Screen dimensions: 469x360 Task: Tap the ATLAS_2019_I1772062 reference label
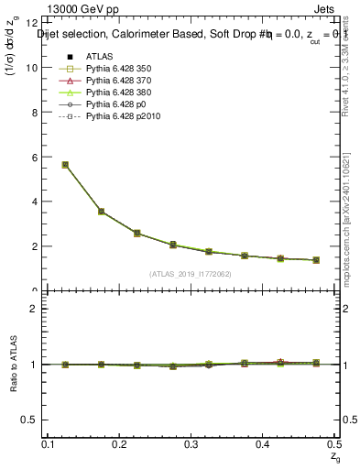(x=191, y=274)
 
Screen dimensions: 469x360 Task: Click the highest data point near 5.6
(x=65, y=165)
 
